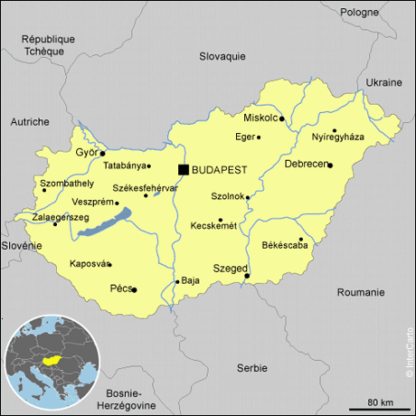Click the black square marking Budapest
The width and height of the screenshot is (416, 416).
(184, 169)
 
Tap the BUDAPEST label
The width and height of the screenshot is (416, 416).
(221, 170)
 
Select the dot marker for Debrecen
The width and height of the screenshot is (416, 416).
(330, 165)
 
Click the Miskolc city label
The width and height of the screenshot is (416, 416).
(260, 118)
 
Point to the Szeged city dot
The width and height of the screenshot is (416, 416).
(247, 276)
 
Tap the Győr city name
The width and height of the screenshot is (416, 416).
(86, 152)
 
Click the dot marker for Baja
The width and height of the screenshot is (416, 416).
(177, 281)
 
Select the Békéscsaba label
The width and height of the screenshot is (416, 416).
(284, 245)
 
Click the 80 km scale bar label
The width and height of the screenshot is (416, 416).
(381, 401)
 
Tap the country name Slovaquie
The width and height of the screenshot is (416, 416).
(222, 56)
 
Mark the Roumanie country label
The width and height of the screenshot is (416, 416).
(360, 292)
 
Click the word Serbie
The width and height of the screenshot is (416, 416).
(251, 367)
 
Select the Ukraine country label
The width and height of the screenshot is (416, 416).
(383, 81)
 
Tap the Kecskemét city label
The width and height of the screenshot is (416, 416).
(213, 226)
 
